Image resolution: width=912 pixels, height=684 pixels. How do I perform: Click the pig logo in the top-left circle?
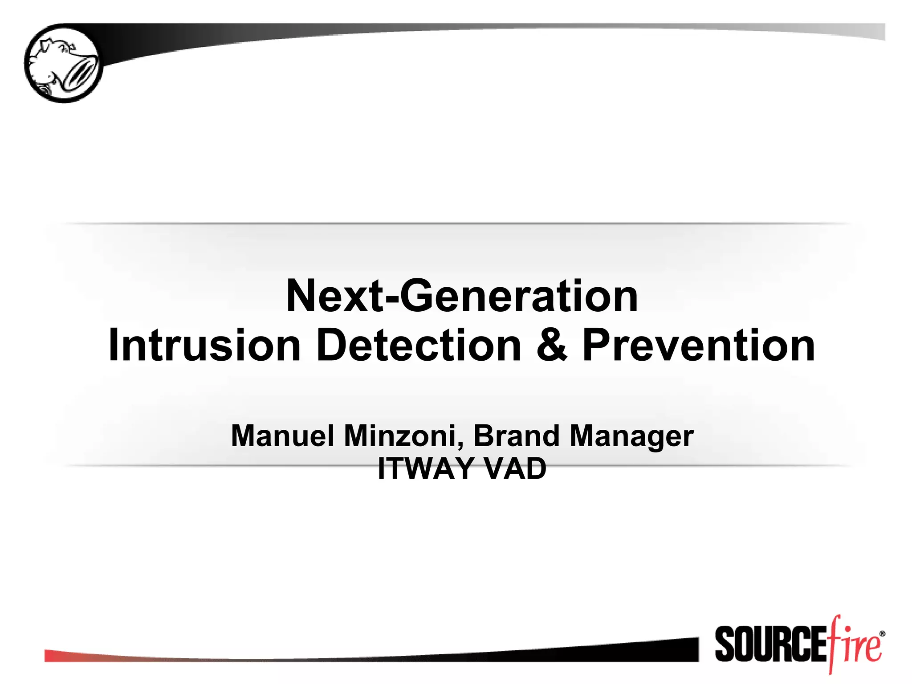coord(63,63)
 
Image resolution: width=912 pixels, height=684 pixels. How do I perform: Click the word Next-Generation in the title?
coord(462,296)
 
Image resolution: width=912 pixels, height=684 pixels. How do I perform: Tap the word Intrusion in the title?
coord(204,346)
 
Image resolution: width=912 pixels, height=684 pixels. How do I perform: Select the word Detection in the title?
coord(418,346)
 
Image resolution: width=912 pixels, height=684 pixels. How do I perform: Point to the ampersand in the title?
coord(552,346)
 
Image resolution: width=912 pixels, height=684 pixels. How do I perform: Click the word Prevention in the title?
coord(698,346)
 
